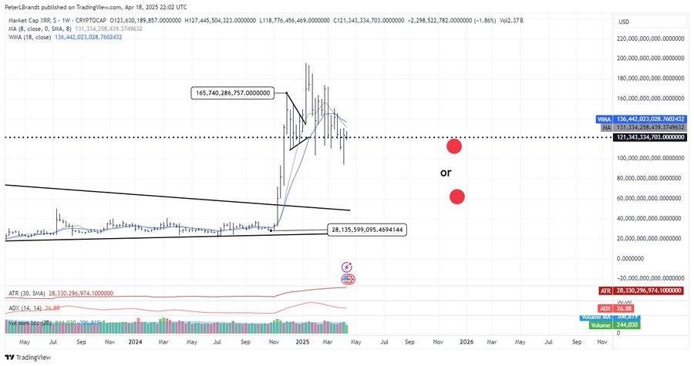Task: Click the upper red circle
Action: click(x=454, y=146)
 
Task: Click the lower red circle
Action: click(x=456, y=196)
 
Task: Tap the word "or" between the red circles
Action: click(x=446, y=173)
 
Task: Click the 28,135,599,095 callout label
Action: click(x=367, y=230)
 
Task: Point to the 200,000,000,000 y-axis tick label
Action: click(x=652, y=58)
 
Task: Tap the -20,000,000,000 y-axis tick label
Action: click(x=652, y=277)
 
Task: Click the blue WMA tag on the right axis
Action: click(x=604, y=119)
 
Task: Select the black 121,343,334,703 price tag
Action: click(x=651, y=136)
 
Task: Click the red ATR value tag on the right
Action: click(x=605, y=290)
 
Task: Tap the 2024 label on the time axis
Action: click(x=136, y=341)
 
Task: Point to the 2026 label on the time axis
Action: click(x=467, y=341)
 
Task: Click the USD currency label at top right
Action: click(x=625, y=22)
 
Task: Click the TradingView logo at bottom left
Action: click(x=29, y=358)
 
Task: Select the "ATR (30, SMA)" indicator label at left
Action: click(x=26, y=293)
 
